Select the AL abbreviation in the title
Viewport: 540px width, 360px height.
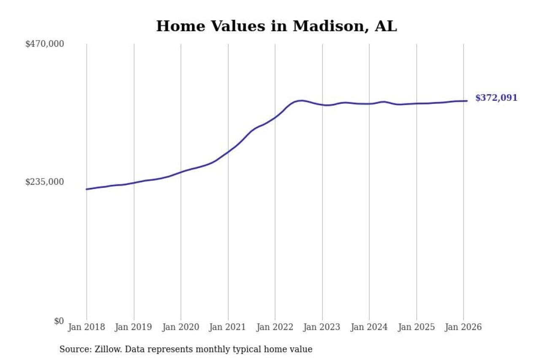coord(386,26)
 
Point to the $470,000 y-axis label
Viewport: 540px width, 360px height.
coord(45,44)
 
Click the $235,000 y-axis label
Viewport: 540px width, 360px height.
coord(45,182)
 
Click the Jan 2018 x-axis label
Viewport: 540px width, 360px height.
coord(86,328)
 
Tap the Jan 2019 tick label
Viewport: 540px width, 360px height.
coord(134,328)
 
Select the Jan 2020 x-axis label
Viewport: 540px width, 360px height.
coord(181,328)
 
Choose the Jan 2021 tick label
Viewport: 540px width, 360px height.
coord(228,328)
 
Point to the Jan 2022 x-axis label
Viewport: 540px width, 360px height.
coord(275,328)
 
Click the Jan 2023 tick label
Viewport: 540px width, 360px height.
coord(322,328)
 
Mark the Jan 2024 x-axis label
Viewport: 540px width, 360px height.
coord(370,328)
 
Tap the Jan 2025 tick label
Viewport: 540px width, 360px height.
coord(417,328)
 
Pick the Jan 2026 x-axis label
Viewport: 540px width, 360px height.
coord(464,328)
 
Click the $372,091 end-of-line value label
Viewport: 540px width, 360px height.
coord(496,98)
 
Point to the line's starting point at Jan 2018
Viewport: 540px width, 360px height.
coord(87,189)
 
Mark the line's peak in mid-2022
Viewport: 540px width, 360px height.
coord(301,100)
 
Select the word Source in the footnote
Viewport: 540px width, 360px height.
coord(73,349)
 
